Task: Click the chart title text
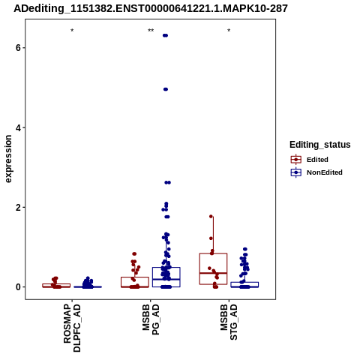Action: tap(151, 8)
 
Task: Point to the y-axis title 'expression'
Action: tap(8, 159)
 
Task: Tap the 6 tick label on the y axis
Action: tap(18, 47)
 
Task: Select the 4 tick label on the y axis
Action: tap(18, 127)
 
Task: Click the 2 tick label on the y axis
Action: tap(18, 208)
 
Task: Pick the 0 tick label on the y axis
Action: tap(18, 287)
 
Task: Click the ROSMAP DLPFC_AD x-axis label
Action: tap(72, 328)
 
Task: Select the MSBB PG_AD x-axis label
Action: tap(151, 319)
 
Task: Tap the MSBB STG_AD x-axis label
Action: tap(229, 322)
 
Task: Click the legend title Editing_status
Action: tap(320, 145)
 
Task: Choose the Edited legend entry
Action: tap(309, 160)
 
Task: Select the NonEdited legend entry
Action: tap(316, 172)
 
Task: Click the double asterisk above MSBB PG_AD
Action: tap(151, 31)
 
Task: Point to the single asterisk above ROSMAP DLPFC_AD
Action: tap(72, 31)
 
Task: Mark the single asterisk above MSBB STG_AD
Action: tap(229, 31)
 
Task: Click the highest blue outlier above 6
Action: tap(165, 35)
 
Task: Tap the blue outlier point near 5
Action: tap(166, 89)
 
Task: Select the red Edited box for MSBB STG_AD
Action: tap(213, 268)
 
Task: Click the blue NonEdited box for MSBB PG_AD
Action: tap(166, 277)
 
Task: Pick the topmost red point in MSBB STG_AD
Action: tap(211, 216)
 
